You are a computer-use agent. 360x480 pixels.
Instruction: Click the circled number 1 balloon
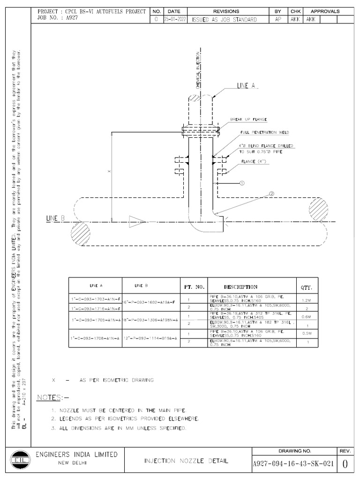(x=242, y=183)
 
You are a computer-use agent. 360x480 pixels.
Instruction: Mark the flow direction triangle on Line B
(x=136, y=222)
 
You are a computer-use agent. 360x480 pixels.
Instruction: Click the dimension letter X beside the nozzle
(x=108, y=172)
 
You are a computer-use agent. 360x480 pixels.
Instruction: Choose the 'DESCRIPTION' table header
(x=240, y=286)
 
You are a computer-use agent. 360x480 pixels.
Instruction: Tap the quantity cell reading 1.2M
(x=306, y=300)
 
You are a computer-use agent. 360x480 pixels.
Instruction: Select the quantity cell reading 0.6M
(x=306, y=317)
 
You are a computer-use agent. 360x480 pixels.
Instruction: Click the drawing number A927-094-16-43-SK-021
(x=293, y=464)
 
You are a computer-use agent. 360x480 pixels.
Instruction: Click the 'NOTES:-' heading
(x=52, y=397)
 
